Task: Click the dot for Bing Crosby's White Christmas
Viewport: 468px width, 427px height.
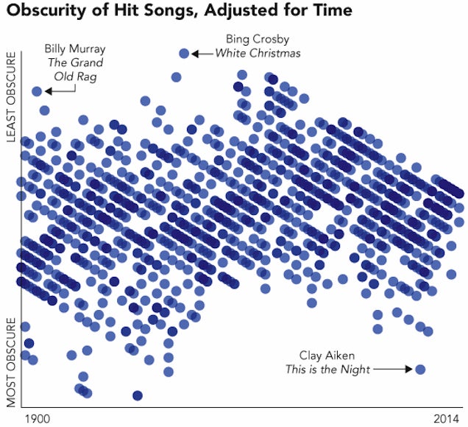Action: pyautogui.click(x=184, y=54)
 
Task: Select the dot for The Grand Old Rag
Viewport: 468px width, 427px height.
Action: pyautogui.click(x=37, y=91)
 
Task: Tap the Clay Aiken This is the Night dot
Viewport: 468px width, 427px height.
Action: pyautogui.click(x=420, y=370)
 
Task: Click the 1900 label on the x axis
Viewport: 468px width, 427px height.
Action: pyautogui.click(x=38, y=419)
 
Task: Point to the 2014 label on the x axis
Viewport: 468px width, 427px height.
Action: pyautogui.click(x=446, y=419)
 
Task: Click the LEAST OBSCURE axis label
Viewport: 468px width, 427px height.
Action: pyautogui.click(x=11, y=97)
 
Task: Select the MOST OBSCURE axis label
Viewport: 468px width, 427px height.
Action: pyautogui.click(x=11, y=362)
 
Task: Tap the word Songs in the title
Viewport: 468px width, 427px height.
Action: pyautogui.click(x=169, y=11)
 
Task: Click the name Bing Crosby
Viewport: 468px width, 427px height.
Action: pyautogui.click(x=258, y=39)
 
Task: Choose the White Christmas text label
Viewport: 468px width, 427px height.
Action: pyautogui.click(x=258, y=53)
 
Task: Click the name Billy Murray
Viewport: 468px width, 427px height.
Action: pyautogui.click(x=75, y=49)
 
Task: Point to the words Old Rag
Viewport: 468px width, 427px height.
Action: pyautogui.click(x=76, y=77)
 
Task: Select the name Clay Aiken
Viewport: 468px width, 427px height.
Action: pyautogui.click(x=327, y=356)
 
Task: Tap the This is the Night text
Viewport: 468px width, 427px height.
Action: pyautogui.click(x=327, y=370)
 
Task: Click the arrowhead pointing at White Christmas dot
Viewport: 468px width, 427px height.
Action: pyautogui.click(x=195, y=54)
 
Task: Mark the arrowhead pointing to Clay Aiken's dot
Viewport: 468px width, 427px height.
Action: pyautogui.click(x=408, y=370)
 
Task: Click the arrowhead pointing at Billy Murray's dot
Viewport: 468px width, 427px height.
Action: pyautogui.click(x=49, y=91)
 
